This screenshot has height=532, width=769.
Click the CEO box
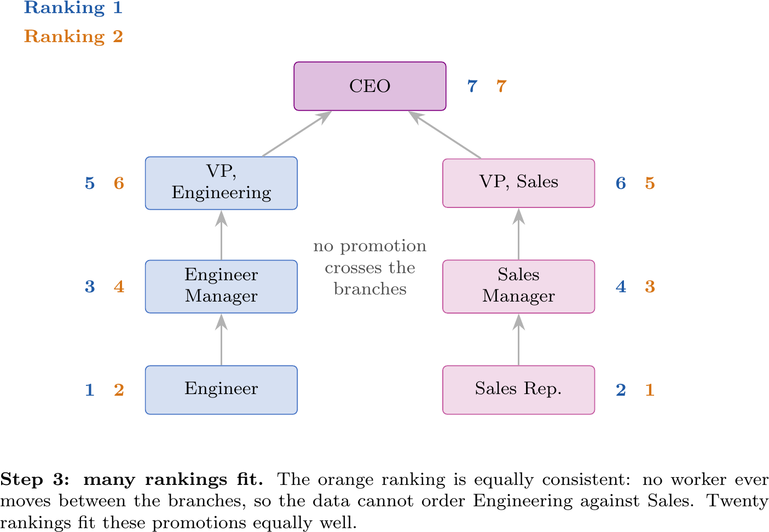370,86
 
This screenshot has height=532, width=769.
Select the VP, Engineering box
221,183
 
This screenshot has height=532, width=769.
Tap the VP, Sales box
518,183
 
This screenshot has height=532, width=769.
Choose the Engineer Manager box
221,286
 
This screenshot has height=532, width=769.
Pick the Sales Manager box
518,286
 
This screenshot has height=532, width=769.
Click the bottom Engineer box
221,390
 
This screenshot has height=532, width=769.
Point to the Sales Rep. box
518,390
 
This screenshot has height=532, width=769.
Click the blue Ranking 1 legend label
73,8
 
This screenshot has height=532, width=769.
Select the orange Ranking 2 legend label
73,36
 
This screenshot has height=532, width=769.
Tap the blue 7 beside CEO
472,86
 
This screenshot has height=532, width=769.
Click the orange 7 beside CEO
501,86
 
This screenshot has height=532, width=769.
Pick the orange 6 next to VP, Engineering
119,183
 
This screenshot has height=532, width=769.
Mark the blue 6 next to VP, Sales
621,183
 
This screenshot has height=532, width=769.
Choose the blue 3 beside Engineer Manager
90,286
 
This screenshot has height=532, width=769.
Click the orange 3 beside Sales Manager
650,286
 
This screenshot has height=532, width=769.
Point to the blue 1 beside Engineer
90,390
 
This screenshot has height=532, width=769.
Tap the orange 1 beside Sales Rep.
650,390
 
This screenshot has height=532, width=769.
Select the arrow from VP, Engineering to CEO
297,134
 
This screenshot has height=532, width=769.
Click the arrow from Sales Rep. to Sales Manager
518,339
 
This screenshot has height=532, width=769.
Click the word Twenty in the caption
737,501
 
